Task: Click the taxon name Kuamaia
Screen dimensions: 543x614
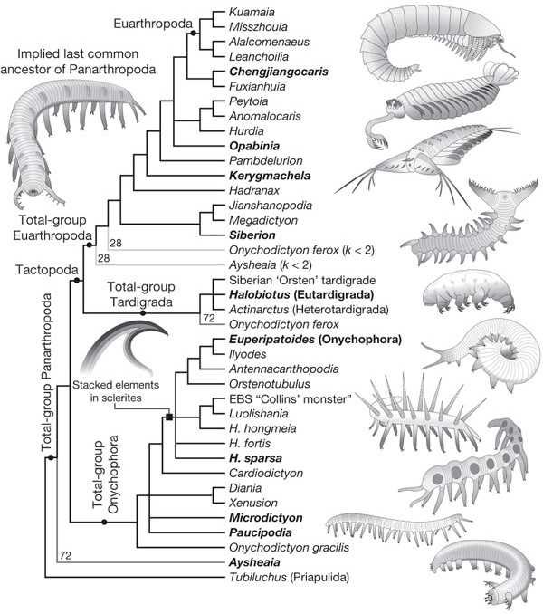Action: [x=252, y=12]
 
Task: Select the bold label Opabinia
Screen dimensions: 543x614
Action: [x=254, y=146]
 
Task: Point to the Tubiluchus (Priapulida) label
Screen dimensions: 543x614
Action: [x=289, y=577]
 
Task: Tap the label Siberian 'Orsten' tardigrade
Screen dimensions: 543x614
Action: [x=302, y=280]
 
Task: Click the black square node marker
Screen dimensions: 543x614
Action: [x=169, y=417]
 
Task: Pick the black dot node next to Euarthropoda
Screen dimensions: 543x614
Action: [x=193, y=34]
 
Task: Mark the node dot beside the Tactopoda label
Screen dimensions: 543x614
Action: [x=77, y=280]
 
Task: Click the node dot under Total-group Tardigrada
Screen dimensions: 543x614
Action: [x=143, y=312]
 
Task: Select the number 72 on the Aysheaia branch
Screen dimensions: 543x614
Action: [x=65, y=555]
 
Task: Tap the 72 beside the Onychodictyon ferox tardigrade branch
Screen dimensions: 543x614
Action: [x=209, y=318]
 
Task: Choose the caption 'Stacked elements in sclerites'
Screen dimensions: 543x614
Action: [x=116, y=391]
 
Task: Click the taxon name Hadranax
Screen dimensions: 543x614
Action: [x=254, y=190]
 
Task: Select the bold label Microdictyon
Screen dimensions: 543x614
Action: [x=266, y=518]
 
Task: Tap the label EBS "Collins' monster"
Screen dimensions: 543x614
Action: [x=291, y=399]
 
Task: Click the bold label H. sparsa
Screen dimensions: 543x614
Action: [x=255, y=457]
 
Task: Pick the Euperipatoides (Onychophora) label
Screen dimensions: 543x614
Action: [x=315, y=339]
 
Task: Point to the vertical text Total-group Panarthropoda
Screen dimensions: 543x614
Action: [x=47, y=371]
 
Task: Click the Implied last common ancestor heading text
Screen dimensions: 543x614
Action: [x=78, y=62]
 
